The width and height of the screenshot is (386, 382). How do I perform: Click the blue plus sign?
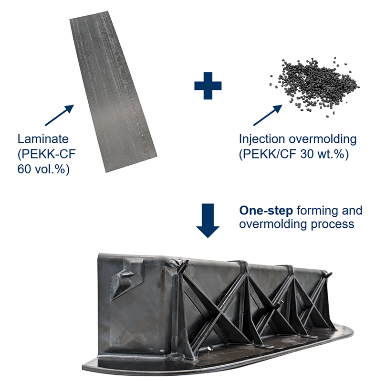coord(208,85)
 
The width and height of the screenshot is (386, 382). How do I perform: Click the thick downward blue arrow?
coord(208,221)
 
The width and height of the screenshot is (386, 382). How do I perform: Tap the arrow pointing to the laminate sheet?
coord(59,115)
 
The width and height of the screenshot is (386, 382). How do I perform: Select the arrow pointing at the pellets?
coord(268,115)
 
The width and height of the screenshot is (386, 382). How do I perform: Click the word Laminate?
coord(43,139)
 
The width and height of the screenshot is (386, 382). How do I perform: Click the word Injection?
coord(262,139)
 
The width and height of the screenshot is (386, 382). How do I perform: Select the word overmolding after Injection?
coord(323,139)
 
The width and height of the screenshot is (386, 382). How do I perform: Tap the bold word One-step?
coord(266,211)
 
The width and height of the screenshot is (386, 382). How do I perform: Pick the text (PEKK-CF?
coord(47,154)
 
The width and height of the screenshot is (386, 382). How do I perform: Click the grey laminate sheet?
coord(112,91)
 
